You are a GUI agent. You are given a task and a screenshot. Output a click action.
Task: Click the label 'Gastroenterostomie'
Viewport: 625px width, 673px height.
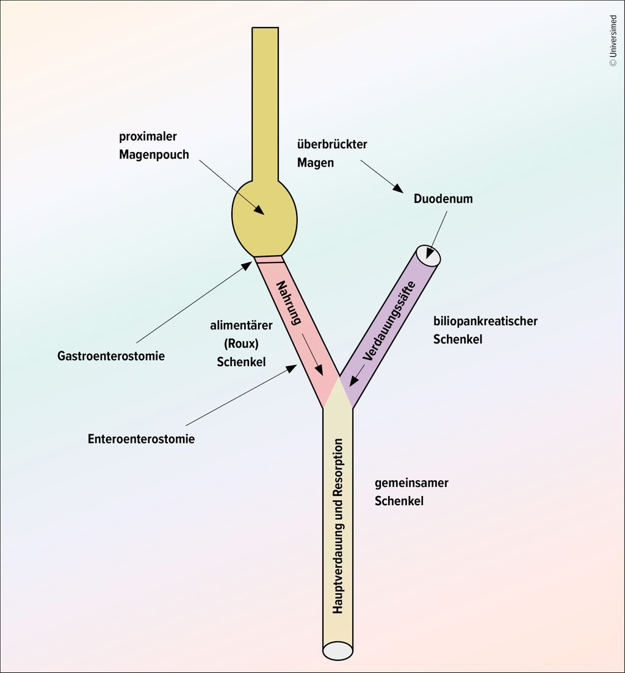111,356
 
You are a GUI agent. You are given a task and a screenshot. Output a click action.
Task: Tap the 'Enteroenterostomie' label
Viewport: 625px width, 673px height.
141,439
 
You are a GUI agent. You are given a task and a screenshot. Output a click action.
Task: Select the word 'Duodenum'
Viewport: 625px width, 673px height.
443,199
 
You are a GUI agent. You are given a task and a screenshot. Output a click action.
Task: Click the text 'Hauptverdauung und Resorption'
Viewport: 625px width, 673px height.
338,525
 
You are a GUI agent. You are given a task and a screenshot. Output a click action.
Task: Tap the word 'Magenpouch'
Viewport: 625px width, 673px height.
154,154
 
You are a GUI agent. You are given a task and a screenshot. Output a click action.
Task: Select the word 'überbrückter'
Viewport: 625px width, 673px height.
332,145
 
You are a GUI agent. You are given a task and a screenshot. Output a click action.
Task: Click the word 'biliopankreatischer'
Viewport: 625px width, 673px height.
485,321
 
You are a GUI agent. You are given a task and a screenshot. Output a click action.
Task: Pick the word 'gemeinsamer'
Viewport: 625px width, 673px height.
411,483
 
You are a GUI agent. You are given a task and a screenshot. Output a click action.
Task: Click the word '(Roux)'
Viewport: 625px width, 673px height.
241,344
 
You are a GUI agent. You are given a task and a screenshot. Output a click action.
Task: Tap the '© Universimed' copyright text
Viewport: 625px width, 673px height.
613,40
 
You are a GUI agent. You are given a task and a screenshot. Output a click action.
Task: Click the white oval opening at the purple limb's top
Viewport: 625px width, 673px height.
428,255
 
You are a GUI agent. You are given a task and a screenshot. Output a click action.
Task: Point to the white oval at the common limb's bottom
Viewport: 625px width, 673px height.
338,650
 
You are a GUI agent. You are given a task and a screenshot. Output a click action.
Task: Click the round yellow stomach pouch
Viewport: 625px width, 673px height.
264,217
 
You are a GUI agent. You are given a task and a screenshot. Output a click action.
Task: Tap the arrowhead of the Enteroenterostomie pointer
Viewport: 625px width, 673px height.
292,368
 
